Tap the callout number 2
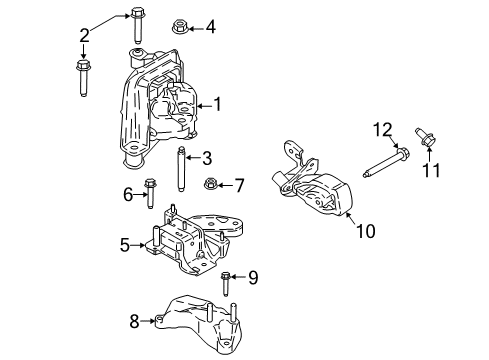pos(84,36)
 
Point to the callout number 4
pos(210,27)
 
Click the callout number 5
pos(126,243)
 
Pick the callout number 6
pos(128,194)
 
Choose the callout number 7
pos(238,184)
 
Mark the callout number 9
pos(253,277)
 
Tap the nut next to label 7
pos(211,184)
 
